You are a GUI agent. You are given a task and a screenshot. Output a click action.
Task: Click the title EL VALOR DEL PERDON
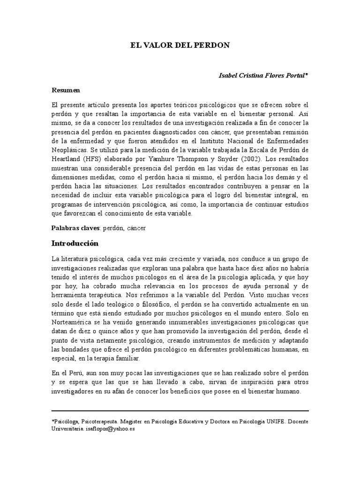point(180,45)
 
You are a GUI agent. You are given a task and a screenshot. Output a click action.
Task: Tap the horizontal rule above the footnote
point(180,411)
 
